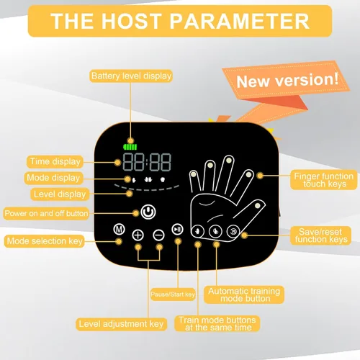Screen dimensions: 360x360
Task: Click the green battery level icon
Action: click(x=130, y=147)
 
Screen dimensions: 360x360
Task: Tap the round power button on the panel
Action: click(x=148, y=212)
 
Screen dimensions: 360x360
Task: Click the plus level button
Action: click(x=138, y=235)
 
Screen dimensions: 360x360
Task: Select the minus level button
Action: click(x=158, y=235)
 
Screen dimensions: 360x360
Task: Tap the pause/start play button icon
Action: click(x=178, y=230)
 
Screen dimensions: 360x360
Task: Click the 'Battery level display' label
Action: click(x=131, y=76)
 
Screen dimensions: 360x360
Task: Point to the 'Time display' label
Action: click(x=55, y=161)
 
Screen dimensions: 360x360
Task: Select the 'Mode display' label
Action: click(x=53, y=178)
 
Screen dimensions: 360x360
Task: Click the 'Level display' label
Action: click(x=60, y=194)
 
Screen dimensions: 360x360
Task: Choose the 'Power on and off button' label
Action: click(x=46, y=213)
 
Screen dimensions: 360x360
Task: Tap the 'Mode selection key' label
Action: click(x=45, y=241)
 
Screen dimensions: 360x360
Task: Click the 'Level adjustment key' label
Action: click(x=121, y=324)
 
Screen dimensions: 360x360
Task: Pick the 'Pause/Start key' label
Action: click(x=173, y=294)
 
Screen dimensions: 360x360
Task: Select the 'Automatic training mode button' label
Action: click(x=244, y=294)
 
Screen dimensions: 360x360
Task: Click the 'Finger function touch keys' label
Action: click(x=324, y=180)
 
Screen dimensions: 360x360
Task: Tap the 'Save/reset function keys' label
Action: click(x=321, y=235)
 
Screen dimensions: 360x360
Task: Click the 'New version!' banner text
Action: click(x=287, y=80)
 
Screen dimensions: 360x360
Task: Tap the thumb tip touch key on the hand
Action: click(x=258, y=206)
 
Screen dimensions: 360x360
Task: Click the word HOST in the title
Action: click(x=131, y=21)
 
